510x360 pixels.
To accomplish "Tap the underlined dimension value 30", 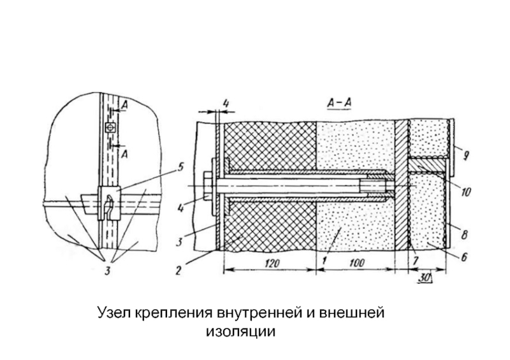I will (424, 277).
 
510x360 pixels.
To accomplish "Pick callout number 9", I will (467, 154).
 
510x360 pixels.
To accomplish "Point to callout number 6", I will (465, 257).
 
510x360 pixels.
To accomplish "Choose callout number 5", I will (181, 168).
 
